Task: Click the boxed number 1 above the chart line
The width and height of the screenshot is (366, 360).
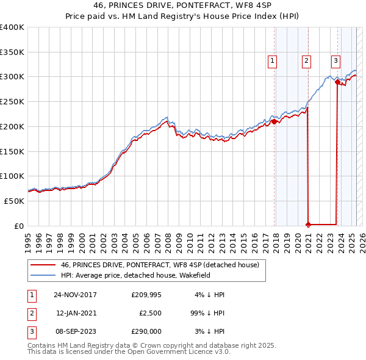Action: (x=271, y=60)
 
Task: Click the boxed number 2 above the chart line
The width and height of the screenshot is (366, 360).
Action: (x=306, y=60)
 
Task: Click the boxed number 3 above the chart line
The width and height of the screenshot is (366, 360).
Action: (x=335, y=60)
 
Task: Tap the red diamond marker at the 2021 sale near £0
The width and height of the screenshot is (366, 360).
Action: (x=308, y=224)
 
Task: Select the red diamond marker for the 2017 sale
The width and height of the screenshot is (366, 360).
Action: (x=274, y=121)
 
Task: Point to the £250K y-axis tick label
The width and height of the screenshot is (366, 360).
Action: (x=12, y=102)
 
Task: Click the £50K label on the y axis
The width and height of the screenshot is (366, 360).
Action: (x=15, y=201)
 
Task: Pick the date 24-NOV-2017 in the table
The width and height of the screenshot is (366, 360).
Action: (x=75, y=295)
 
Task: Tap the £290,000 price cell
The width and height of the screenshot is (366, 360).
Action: (x=146, y=331)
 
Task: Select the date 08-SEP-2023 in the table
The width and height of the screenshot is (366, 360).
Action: (x=75, y=331)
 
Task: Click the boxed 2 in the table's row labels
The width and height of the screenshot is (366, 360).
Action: (x=31, y=313)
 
